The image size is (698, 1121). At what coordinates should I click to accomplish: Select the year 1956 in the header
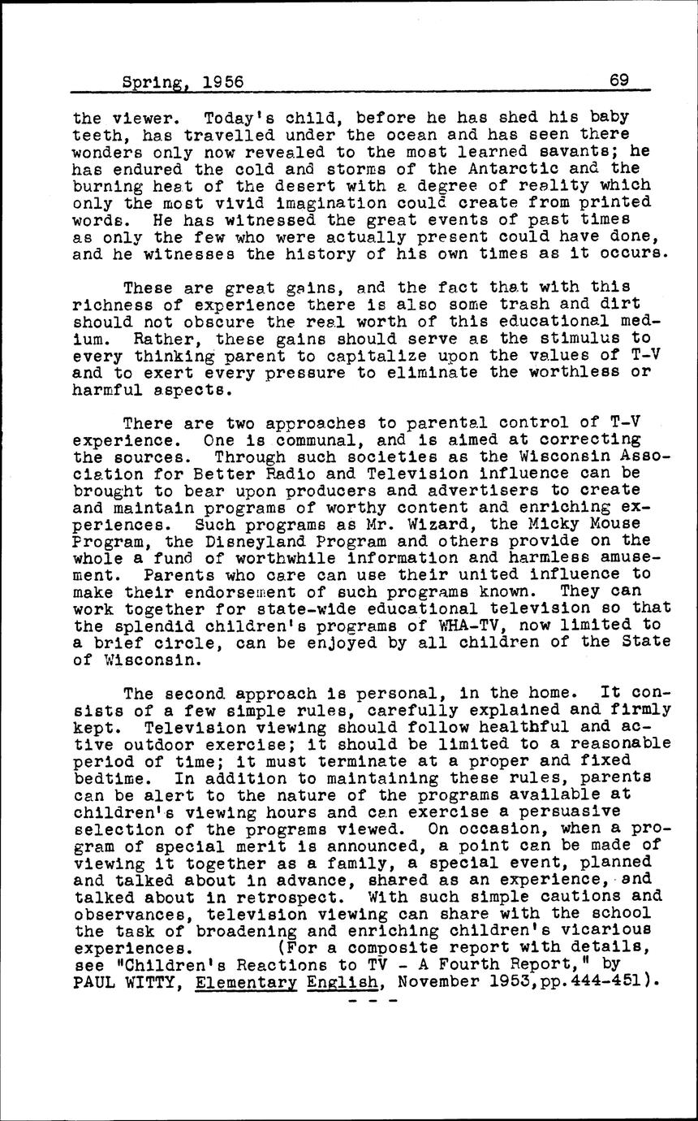[223, 82]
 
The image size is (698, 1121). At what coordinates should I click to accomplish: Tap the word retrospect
[287, 896]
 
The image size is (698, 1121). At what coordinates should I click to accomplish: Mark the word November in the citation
[441, 980]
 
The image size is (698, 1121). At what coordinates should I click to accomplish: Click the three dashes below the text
[374, 1000]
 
